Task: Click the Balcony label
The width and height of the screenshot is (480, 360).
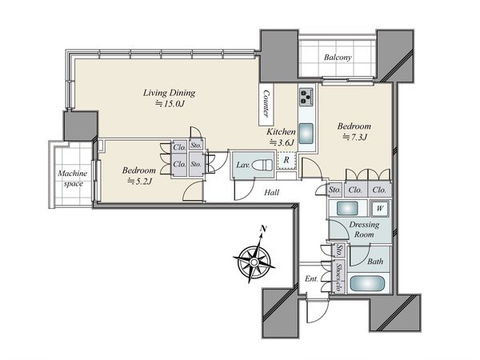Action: (x=338, y=58)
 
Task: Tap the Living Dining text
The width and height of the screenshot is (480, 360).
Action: (x=169, y=93)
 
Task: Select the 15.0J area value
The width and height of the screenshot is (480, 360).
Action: (x=170, y=104)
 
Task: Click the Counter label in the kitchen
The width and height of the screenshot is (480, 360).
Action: (x=266, y=104)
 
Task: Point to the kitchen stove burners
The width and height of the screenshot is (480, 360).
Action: (x=306, y=97)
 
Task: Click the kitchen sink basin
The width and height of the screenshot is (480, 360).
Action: (x=306, y=133)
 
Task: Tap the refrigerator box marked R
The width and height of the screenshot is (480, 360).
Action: (x=286, y=160)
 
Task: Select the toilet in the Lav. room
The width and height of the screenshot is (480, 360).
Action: (x=262, y=165)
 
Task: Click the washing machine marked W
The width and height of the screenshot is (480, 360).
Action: (x=379, y=209)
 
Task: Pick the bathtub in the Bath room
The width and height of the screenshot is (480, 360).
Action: (x=367, y=284)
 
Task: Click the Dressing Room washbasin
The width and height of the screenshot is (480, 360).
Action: (x=347, y=209)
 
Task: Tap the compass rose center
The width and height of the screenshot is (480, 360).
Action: (x=254, y=262)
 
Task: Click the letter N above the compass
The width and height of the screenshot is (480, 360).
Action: (x=263, y=228)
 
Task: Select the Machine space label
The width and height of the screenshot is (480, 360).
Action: (x=73, y=178)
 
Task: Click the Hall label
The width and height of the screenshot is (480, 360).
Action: (x=271, y=192)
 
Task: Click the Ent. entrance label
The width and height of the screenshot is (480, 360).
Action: (x=311, y=279)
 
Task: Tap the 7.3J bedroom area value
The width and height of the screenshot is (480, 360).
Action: (x=354, y=137)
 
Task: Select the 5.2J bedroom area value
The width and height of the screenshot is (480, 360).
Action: (x=139, y=182)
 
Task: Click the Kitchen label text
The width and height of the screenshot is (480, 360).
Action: (x=281, y=132)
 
